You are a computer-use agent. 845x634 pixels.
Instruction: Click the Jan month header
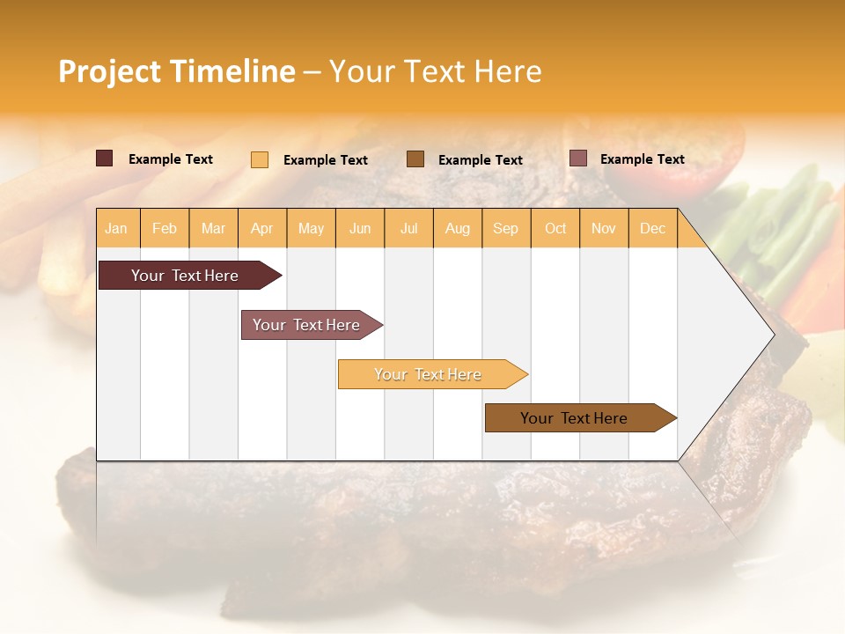pos(117,228)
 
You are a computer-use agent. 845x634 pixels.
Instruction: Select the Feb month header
pos(165,228)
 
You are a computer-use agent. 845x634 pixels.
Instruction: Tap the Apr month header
pos(261,228)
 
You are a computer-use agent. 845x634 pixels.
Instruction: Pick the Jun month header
pos(360,228)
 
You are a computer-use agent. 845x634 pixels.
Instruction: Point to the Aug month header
pos(457,228)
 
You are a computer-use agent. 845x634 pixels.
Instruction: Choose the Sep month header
pos(505,228)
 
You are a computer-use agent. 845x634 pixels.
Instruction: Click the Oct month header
pos(555,228)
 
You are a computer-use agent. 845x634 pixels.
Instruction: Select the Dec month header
pos(652,228)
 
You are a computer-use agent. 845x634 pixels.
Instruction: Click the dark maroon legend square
pos(105,158)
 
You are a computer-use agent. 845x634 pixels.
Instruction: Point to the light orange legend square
pos(260,159)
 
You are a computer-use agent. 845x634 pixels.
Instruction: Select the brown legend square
pos(415,158)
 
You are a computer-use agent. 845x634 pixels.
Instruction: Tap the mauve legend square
pos(578,158)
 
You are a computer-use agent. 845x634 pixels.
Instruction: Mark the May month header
pos(311,228)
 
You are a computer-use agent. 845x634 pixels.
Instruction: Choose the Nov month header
pos(604,228)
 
